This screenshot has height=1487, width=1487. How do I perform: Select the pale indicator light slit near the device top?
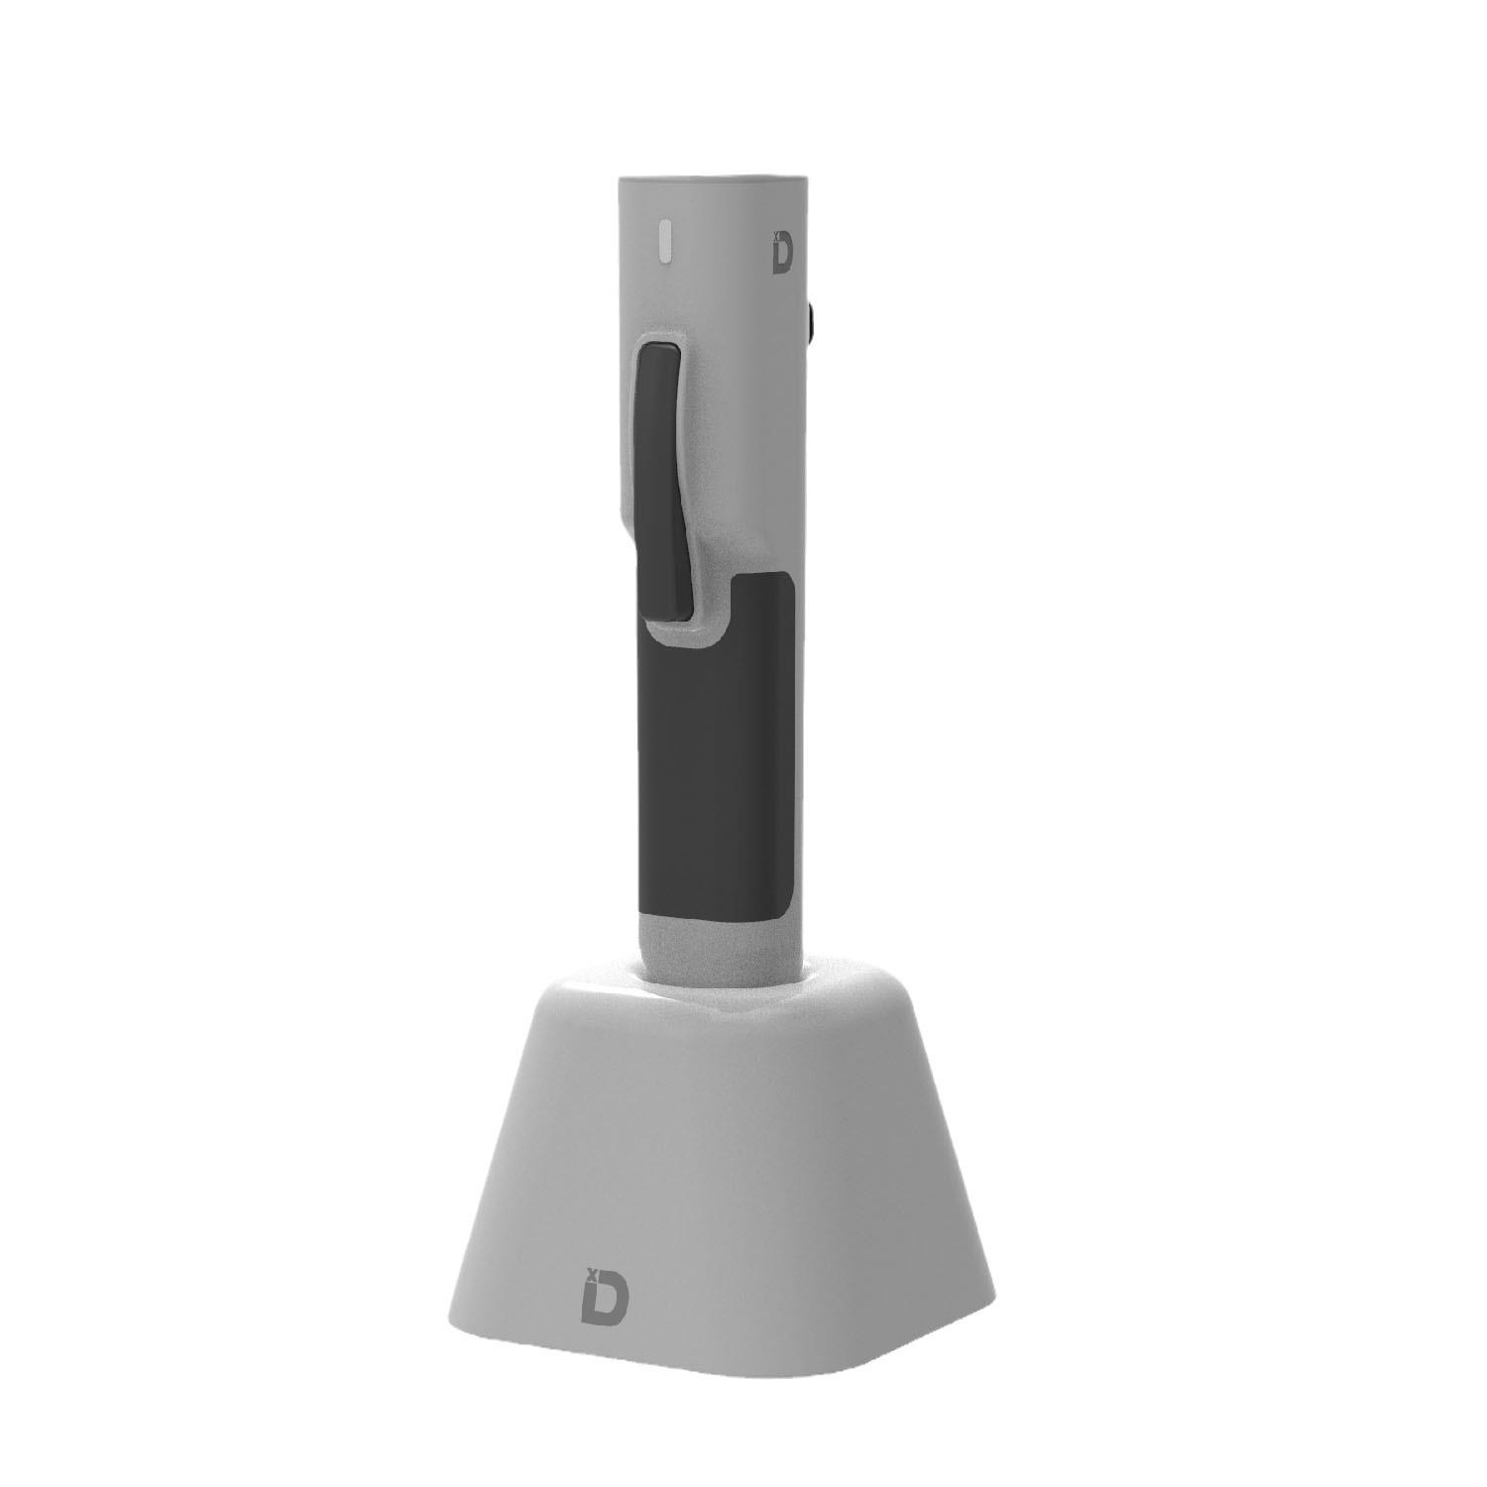[x=667, y=242]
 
